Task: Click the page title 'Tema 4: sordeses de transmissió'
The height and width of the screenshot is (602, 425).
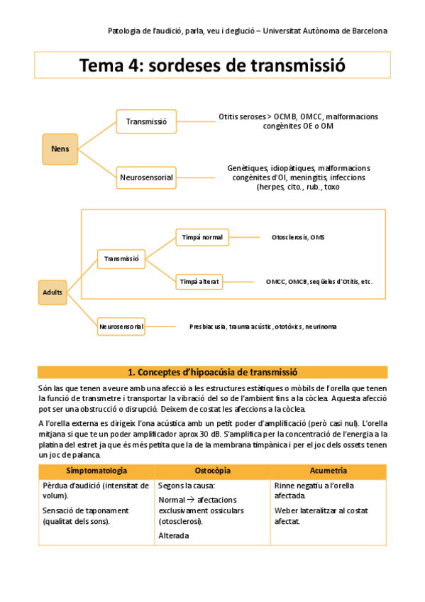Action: tap(212, 66)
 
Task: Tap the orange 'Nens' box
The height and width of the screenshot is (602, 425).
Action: tap(60, 148)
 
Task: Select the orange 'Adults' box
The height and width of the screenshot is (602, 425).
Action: tap(53, 292)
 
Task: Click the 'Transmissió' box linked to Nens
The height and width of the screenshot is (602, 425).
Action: tap(146, 122)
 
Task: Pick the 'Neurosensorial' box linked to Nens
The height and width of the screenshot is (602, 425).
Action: tap(146, 177)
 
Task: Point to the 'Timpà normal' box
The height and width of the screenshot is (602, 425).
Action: tap(202, 237)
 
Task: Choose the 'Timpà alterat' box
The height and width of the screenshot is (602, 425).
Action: tap(200, 282)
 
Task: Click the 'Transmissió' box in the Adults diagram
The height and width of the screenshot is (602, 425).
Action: tap(121, 259)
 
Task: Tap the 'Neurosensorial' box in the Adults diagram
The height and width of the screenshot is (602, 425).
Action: tap(121, 327)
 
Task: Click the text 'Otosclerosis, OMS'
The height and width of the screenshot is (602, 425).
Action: tap(297, 237)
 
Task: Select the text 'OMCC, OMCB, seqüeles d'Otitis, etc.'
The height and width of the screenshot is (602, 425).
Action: tap(319, 282)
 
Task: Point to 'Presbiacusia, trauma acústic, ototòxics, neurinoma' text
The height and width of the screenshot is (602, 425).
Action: tap(263, 327)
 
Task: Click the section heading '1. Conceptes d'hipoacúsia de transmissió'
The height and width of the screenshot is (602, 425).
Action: tap(212, 372)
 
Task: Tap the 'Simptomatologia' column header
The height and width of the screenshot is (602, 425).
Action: tap(96, 471)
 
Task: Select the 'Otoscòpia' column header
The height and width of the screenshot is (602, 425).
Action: tap(211, 471)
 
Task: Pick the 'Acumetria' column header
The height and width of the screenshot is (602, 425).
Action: tap(328, 471)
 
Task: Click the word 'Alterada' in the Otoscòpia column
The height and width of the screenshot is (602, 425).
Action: tap(174, 535)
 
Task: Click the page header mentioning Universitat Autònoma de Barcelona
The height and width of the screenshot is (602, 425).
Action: tap(247, 31)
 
